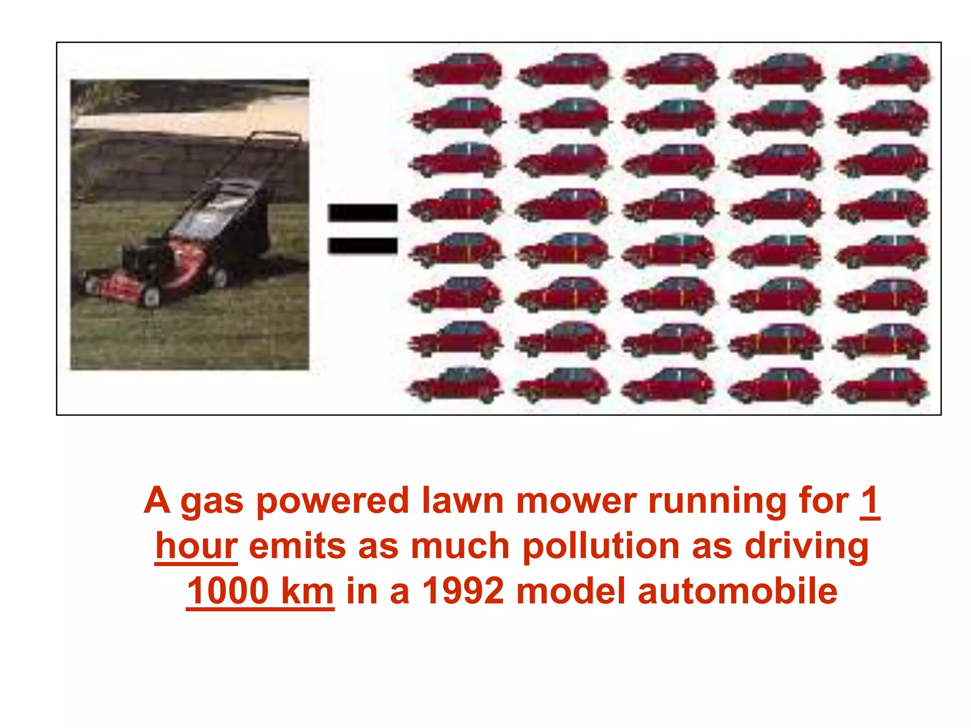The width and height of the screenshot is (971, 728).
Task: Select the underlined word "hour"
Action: (196, 546)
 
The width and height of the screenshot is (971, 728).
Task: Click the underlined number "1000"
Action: (229, 591)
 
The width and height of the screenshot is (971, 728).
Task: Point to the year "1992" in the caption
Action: (463, 591)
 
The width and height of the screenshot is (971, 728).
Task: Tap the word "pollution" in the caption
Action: (601, 546)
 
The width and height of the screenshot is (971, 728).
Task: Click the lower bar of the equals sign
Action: (363, 246)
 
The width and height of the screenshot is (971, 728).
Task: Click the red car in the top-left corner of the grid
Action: (457, 71)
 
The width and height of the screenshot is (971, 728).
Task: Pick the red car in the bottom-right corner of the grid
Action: (881, 386)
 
